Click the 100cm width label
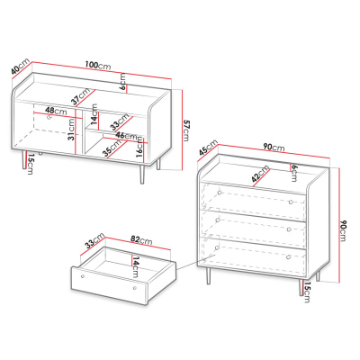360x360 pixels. point(98,66)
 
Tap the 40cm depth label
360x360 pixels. point(21,66)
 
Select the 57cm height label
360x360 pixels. point(186,130)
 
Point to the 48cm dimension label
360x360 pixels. point(56,111)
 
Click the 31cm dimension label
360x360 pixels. point(71,130)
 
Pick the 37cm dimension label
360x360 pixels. point(81,96)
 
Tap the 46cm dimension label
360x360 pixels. point(126,135)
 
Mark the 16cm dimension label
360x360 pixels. point(139,147)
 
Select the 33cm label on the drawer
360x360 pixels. point(94,240)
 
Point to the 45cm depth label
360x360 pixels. point(208,148)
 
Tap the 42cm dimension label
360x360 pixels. point(260,174)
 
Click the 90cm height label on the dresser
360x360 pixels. point(343,230)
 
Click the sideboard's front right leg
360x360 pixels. point(141,174)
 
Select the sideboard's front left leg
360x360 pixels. point(24,159)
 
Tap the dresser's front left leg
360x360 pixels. point(208,275)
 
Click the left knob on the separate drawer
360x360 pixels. point(83,276)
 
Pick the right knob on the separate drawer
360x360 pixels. point(135,288)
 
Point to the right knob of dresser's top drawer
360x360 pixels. point(291,202)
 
